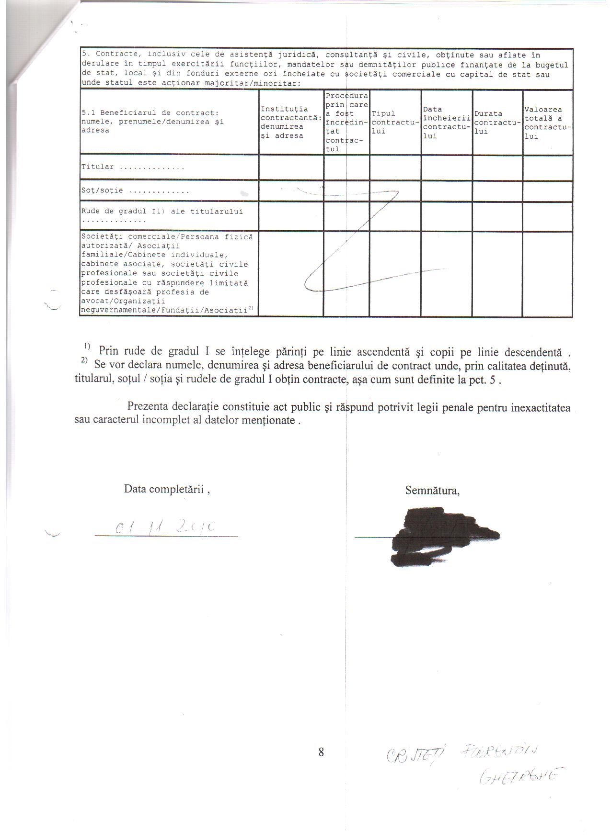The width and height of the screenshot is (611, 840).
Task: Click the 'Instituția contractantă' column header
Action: [x=290, y=123]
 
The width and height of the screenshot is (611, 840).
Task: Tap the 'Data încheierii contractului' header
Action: [x=446, y=123]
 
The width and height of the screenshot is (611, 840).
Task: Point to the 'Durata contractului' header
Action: [x=497, y=122]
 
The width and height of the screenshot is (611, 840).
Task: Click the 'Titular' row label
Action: [x=98, y=167]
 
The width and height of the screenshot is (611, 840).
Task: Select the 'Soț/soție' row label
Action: [x=102, y=190]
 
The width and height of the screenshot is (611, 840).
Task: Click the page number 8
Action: [x=321, y=752]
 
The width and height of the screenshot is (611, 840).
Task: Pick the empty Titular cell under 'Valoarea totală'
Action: [x=547, y=168]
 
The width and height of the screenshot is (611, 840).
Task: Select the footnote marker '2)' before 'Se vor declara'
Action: [x=85, y=360]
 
